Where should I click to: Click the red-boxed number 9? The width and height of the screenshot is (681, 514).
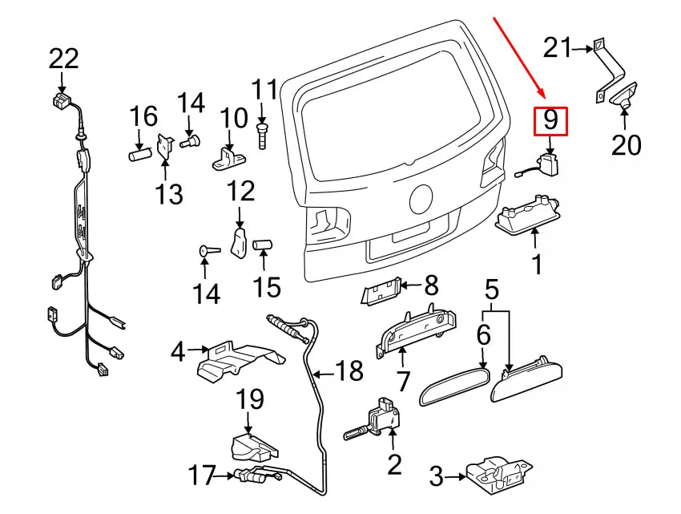pos(550,121)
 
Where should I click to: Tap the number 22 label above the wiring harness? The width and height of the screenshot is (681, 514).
pos(64,59)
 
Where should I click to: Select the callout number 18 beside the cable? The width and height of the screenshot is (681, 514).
pos(349,370)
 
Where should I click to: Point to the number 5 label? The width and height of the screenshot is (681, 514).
pos(492,287)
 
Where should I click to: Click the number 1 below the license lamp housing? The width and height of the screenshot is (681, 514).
pos(537,263)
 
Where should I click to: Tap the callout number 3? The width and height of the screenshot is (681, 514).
pos(436,479)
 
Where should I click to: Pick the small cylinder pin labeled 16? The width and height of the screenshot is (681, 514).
pos(140,152)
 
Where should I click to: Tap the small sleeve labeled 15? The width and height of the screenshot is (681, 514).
pos(264,245)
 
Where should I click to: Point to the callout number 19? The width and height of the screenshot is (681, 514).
pos(249,400)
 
